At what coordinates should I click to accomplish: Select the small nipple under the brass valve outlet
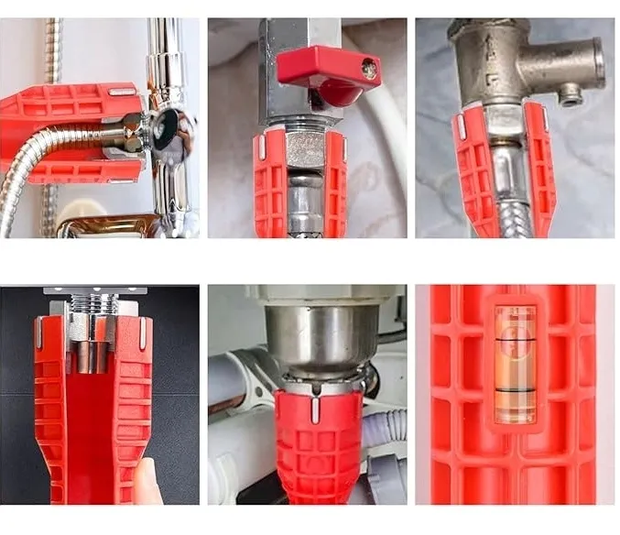click(571, 93)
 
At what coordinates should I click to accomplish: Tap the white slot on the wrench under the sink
click(316, 409)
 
